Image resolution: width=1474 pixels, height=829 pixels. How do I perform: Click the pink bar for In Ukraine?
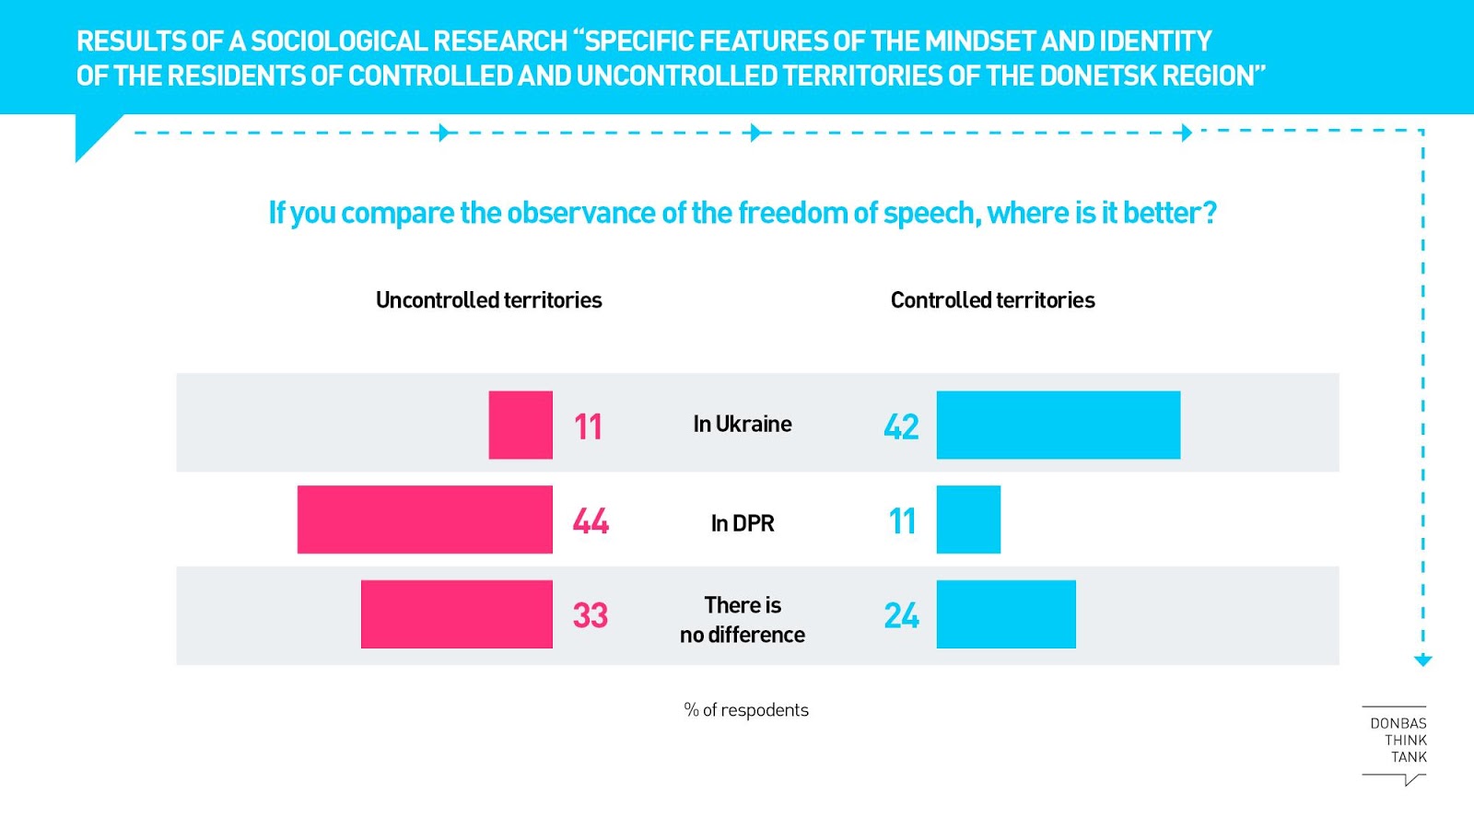[x=521, y=425]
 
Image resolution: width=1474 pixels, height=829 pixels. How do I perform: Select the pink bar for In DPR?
[x=425, y=520]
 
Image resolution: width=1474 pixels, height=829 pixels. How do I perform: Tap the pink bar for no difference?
[x=457, y=614]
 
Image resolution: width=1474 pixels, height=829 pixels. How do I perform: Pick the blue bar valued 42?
[x=1058, y=425]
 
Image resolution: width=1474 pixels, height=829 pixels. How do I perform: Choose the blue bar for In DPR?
[x=968, y=520]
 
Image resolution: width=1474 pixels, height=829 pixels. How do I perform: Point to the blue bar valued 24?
[x=1006, y=614]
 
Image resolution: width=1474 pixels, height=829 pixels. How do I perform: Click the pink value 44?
[x=591, y=521]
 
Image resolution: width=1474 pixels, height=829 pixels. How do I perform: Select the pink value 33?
[x=591, y=615]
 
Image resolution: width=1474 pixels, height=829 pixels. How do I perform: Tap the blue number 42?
[x=901, y=426]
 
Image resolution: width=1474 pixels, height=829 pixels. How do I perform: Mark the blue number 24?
[x=901, y=615]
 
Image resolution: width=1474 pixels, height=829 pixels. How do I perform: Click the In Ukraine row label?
[x=743, y=424]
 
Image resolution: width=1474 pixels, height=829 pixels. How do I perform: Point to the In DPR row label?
[x=743, y=523]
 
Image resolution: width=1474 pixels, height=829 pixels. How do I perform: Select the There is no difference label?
[x=743, y=620]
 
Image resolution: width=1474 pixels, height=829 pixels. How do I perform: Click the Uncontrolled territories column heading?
[x=488, y=300]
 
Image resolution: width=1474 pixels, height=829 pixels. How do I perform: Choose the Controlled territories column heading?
[x=992, y=300]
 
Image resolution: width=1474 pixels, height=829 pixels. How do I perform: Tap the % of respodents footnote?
[x=746, y=710]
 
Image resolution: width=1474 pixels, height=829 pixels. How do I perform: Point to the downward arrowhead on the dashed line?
[x=1422, y=660]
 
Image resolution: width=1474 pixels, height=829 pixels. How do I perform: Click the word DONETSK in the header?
[x=1098, y=76]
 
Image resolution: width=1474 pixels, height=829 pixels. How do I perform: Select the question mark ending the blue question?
[x=1209, y=213]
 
